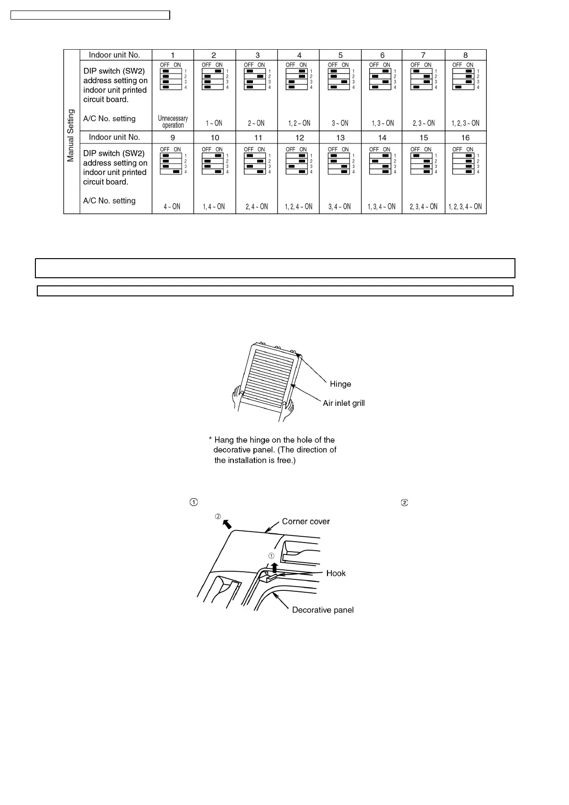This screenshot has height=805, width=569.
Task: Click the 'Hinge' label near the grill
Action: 340,384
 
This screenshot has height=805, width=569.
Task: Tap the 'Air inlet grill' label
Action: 343,403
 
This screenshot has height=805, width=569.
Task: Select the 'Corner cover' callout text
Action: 306,521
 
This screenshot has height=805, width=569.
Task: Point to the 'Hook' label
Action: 336,573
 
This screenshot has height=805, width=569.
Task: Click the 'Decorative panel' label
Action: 323,609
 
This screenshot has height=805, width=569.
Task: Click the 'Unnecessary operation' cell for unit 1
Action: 173,121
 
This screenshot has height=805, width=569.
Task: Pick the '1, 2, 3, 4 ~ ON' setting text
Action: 465,207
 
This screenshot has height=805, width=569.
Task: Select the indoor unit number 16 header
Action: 465,138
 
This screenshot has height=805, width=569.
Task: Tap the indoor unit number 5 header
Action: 340,55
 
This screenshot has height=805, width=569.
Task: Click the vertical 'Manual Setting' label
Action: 71,135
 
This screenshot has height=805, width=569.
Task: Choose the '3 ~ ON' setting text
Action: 340,123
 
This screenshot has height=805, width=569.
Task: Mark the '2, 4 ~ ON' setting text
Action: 257,207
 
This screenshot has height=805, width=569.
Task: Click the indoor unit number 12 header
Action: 299,138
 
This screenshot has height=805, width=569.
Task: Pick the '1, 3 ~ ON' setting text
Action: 383,123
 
